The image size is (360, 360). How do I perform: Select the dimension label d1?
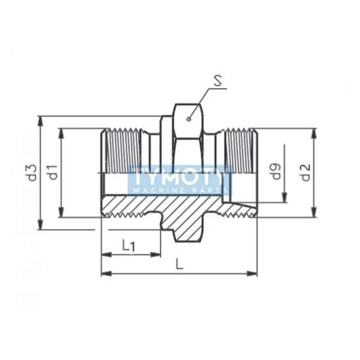(x=53, y=173)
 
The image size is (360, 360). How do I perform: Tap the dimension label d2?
(x=306, y=173)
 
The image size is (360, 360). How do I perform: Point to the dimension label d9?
(x=276, y=172)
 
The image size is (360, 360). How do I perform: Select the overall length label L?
(x=179, y=263)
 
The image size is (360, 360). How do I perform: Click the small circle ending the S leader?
(x=189, y=119)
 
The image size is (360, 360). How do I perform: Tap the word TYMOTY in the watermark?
(x=179, y=177)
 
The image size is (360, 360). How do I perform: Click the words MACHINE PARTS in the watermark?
(x=179, y=190)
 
